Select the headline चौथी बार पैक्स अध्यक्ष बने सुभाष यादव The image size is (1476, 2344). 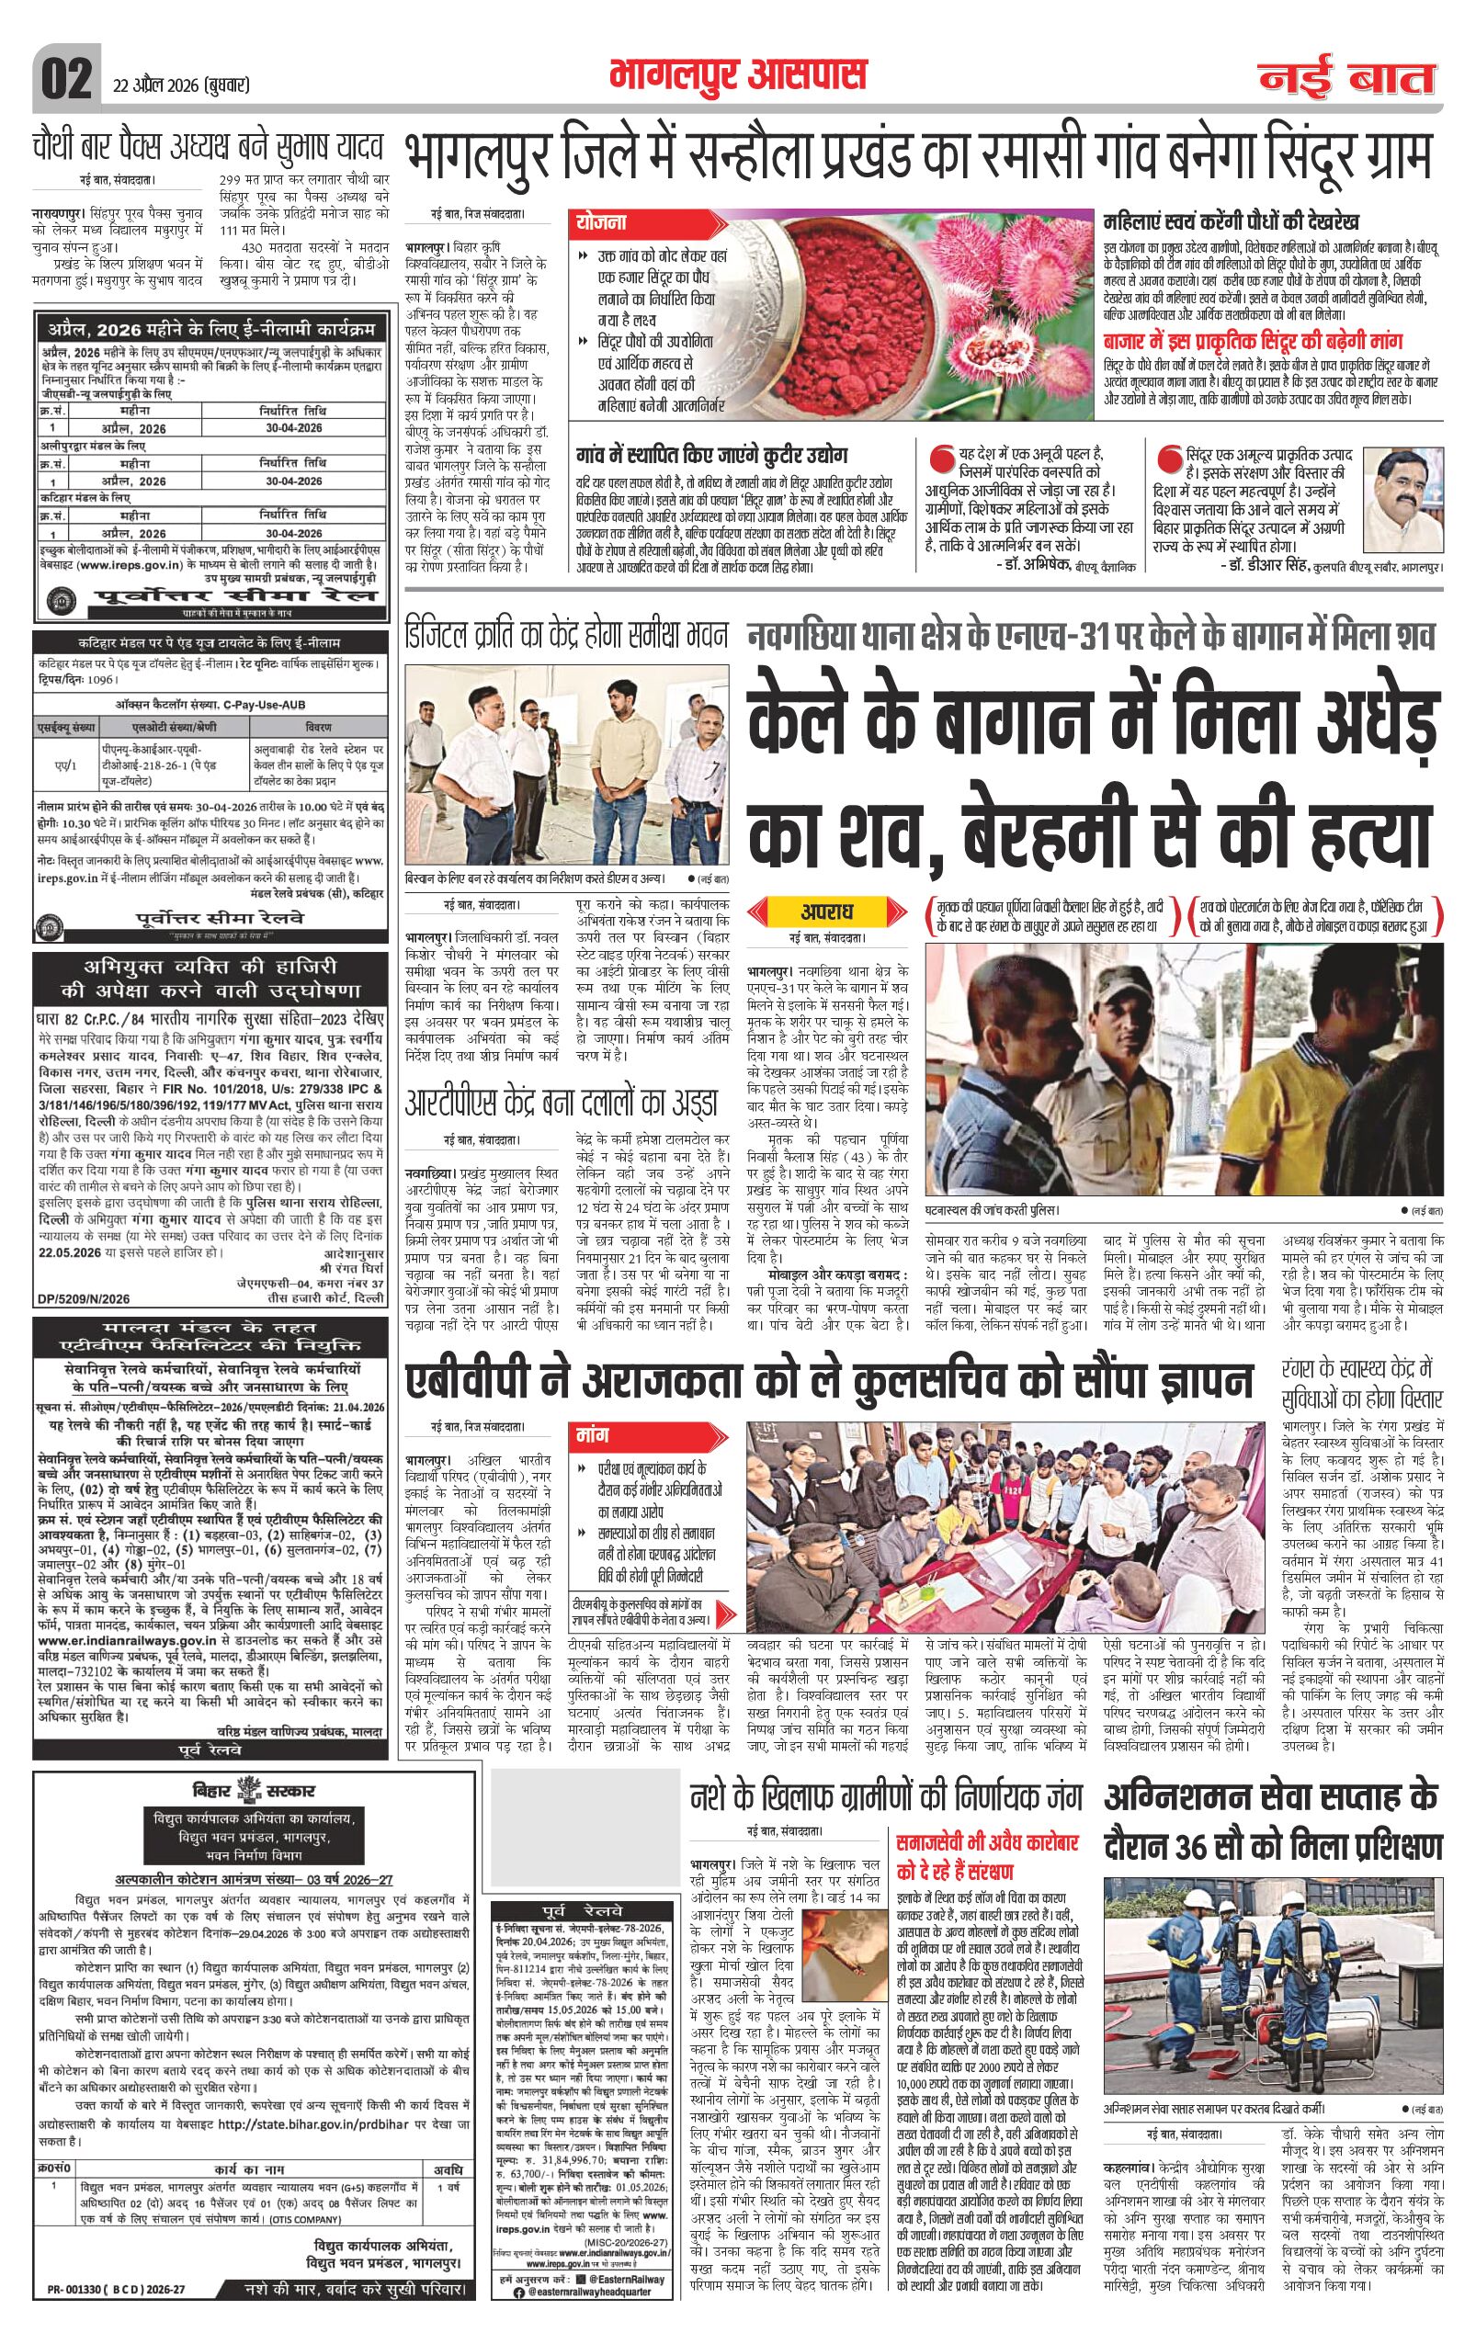coord(206,150)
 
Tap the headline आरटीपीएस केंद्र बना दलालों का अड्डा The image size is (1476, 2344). coord(562,1103)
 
